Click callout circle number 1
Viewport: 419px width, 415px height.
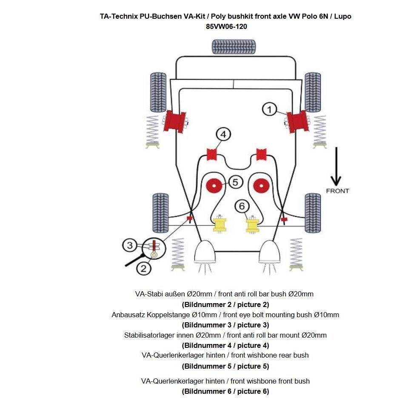(269, 109)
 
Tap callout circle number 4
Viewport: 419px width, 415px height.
(223, 134)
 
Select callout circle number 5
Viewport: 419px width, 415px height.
(235, 182)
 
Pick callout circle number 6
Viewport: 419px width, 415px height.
(242, 206)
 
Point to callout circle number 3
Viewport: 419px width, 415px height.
(130, 245)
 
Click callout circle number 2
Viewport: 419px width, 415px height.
(143, 268)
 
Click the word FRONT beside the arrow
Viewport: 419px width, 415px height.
(337, 191)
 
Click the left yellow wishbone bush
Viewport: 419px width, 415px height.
(219, 224)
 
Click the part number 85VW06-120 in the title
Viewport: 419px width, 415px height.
(226, 26)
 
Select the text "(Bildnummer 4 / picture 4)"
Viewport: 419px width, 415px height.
(225, 345)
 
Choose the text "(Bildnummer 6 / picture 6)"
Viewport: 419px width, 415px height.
(225, 391)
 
